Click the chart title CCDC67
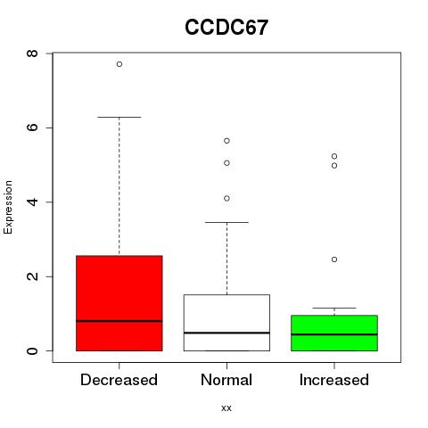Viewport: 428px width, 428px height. coord(226,28)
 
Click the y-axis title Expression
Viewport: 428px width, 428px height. coord(8,207)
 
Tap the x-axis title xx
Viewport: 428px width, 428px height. coord(226,407)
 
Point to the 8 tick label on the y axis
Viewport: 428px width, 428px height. coord(32,53)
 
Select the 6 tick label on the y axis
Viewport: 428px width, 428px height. coord(32,128)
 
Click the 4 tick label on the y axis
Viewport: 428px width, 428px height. coord(32,202)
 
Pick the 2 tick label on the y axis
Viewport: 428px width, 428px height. coord(32,276)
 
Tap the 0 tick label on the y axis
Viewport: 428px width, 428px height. coord(32,350)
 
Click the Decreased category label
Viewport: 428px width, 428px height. coord(119,380)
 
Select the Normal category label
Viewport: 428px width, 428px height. coord(226,380)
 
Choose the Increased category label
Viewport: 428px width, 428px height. coord(334,380)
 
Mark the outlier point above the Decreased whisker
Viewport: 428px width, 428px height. coord(119,64)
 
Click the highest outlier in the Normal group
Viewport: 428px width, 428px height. coord(226,141)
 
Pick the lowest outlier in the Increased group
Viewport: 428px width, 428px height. coord(334,259)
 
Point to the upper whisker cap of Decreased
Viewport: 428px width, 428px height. coord(119,117)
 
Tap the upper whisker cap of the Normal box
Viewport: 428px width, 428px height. coord(226,222)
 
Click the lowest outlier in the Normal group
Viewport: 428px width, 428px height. coord(226,198)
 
